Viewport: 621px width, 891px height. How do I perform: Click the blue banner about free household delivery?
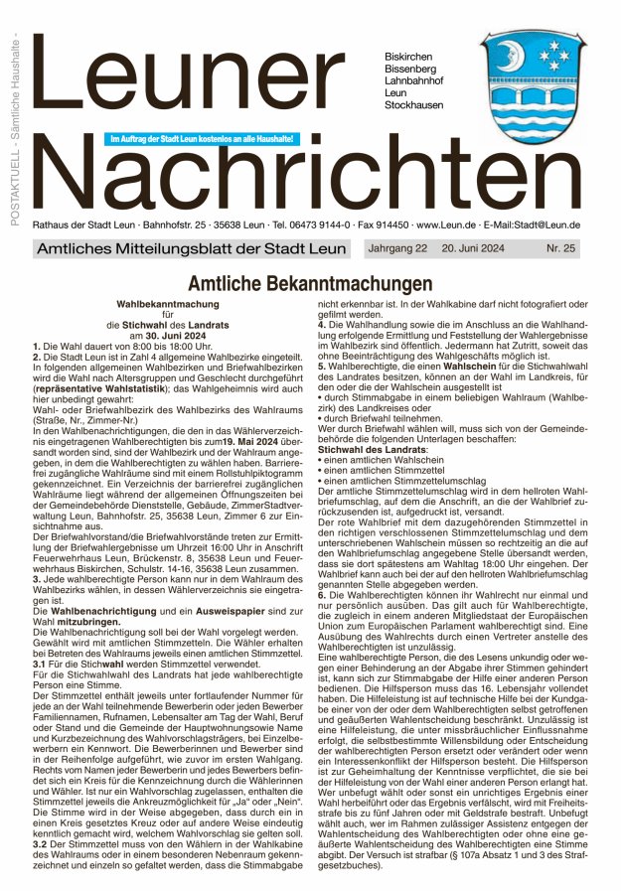[x=202, y=138]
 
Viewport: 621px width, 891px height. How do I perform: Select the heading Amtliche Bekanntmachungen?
[x=310, y=283]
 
